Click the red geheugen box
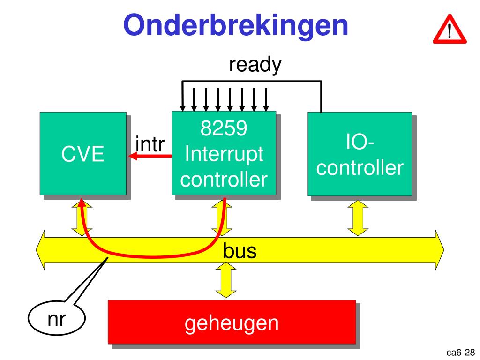232,322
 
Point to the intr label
150,144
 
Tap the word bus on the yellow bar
240,251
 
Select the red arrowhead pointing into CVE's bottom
82,203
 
